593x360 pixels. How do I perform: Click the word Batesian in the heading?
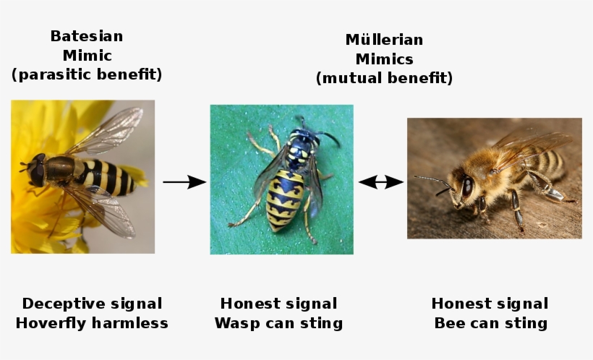click(87, 36)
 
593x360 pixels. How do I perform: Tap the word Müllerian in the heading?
click(384, 40)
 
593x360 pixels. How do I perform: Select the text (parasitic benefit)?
click(87, 74)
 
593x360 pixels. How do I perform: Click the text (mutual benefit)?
click(384, 78)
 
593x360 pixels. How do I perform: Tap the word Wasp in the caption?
click(236, 323)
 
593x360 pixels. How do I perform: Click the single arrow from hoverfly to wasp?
click(184, 182)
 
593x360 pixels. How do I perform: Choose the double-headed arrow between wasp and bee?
click(380, 182)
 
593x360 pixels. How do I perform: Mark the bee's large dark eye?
click(467, 186)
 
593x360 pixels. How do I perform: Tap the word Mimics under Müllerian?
click(384, 59)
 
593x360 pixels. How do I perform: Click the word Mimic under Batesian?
click(87, 55)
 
